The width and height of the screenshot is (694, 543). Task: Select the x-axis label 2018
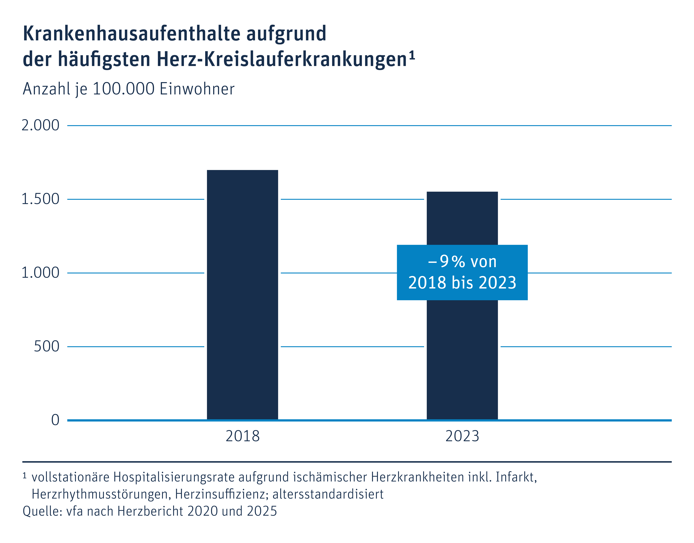(242, 436)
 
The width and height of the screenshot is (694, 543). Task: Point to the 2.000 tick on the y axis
(40, 126)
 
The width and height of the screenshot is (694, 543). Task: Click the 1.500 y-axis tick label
(40, 199)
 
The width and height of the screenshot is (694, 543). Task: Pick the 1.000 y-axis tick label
(40, 273)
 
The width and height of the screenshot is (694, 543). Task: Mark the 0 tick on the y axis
(55, 420)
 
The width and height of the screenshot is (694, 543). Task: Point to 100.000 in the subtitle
(123, 89)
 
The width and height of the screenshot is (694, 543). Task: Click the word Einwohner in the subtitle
(197, 89)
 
